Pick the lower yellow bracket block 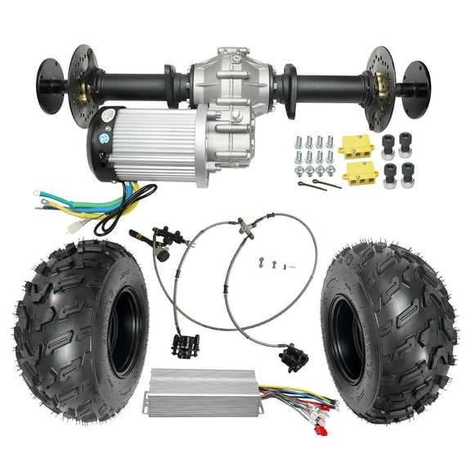pyautogui.click(x=360, y=173)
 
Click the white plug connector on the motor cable pyautogui.click(x=78, y=227)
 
